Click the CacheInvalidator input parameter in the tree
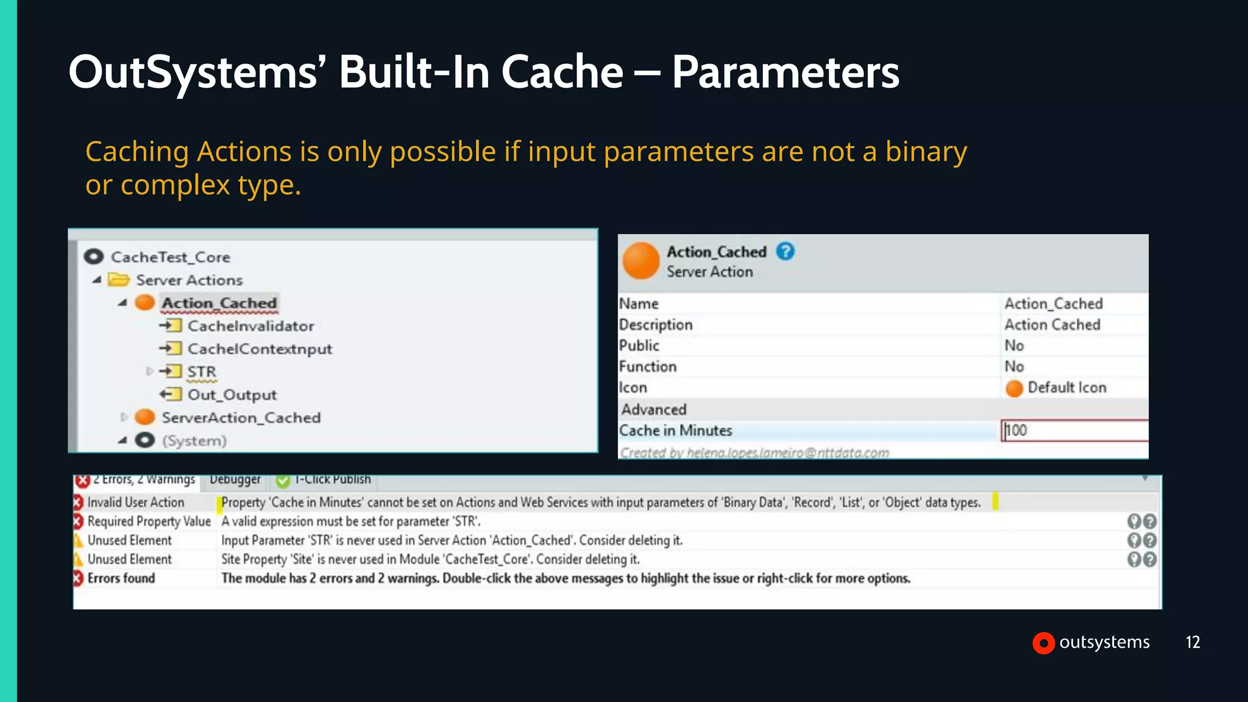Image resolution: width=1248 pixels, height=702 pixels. click(x=250, y=326)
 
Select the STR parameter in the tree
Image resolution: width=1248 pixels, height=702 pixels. click(x=202, y=372)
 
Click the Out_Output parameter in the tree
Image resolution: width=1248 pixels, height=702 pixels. click(x=232, y=395)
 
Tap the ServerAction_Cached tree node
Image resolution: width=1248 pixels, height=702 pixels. click(x=241, y=417)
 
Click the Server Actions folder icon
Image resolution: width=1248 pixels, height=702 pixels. click(x=119, y=280)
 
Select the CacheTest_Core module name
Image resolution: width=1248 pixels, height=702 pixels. click(x=171, y=257)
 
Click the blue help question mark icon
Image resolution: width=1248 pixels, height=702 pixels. click(x=785, y=251)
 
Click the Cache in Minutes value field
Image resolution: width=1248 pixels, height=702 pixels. click(x=1074, y=430)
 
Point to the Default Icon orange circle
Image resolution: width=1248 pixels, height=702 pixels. click(x=1014, y=388)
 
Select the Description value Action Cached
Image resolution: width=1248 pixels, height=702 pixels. click(x=1052, y=325)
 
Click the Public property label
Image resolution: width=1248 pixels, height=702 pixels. click(x=639, y=346)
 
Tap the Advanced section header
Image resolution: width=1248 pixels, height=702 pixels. click(x=654, y=409)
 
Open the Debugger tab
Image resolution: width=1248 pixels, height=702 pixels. click(x=235, y=480)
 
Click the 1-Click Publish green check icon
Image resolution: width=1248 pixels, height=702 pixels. click(x=283, y=481)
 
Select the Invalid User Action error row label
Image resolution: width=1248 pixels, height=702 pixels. click(x=135, y=502)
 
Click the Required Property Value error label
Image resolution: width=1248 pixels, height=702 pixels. click(x=149, y=521)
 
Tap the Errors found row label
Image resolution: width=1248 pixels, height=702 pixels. click(x=121, y=578)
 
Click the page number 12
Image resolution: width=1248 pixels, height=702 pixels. click(x=1193, y=642)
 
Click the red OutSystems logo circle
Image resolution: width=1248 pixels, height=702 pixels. click(x=1043, y=643)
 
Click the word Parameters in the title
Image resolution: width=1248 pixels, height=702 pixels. click(x=785, y=73)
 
